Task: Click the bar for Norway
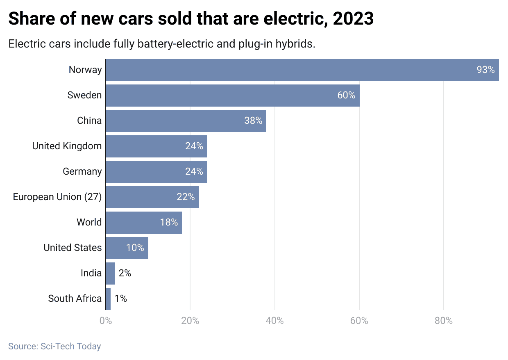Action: pos(302,70)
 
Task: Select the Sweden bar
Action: pos(233,96)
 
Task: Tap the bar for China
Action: pos(186,121)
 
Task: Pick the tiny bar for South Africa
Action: pos(108,298)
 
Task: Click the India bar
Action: pos(110,273)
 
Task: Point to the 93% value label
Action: pos(485,70)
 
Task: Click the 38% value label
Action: pos(253,121)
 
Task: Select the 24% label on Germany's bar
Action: pos(194,171)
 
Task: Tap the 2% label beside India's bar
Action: pos(125,273)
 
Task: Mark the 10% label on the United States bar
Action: pos(135,248)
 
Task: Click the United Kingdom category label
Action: pos(67,146)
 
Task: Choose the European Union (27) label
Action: pos(57,197)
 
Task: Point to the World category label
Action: pos(89,222)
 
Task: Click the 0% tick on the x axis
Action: pos(106,321)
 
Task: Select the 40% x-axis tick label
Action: pos(274,321)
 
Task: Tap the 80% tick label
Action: pos(443,321)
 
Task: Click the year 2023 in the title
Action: pos(353,19)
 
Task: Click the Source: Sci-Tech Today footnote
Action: pos(54,346)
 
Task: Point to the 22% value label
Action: pos(186,197)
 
